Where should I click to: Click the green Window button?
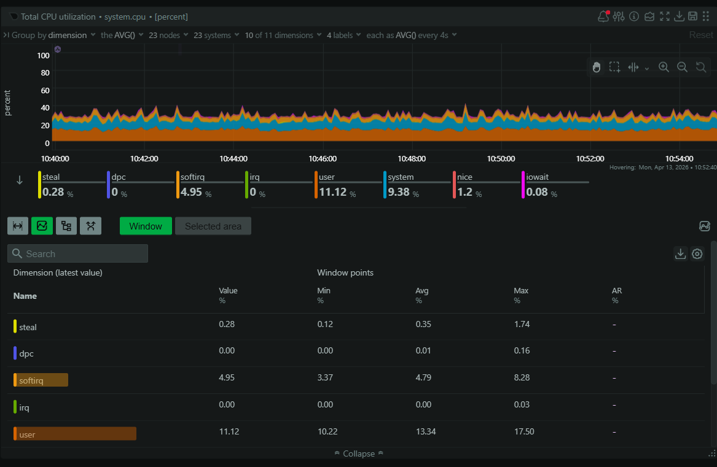click(145, 226)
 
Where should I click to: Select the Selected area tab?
click(213, 226)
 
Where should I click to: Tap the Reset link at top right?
click(700, 35)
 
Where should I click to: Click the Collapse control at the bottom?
click(359, 453)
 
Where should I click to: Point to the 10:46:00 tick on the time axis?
click(323, 158)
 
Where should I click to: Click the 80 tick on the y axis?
click(44, 72)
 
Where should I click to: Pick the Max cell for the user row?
click(523, 431)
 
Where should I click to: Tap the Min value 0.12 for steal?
click(325, 324)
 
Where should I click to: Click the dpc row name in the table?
click(26, 353)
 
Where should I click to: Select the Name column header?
click(25, 296)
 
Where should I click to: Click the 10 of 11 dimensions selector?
click(282, 35)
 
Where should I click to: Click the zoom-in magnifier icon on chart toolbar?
click(664, 67)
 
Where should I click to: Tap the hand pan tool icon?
click(596, 67)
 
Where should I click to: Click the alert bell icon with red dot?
click(603, 17)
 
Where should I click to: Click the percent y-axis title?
click(8, 102)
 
